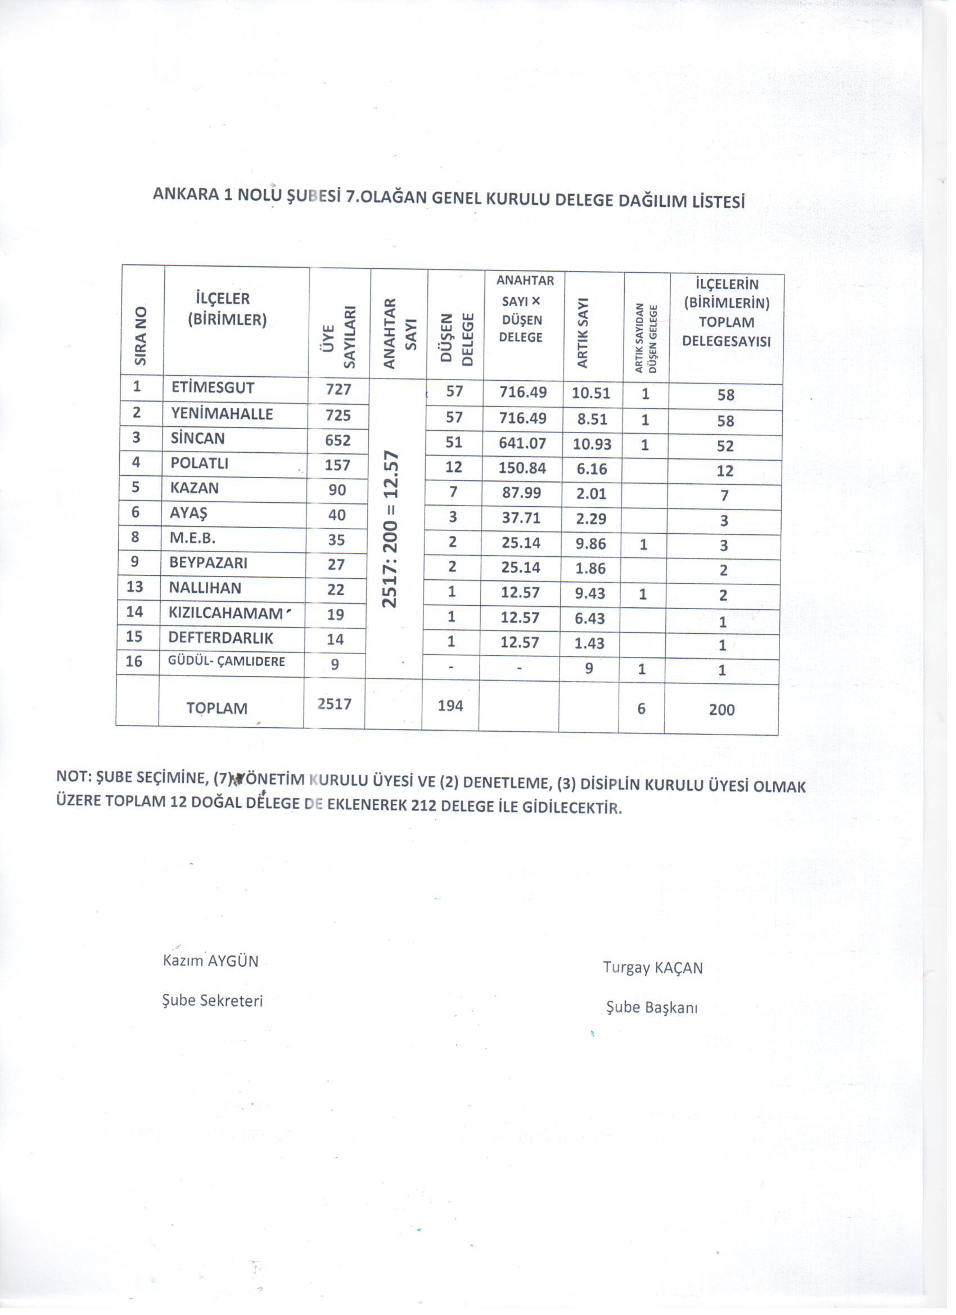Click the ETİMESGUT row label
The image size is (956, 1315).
tap(213, 388)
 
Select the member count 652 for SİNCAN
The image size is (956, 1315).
tap(338, 440)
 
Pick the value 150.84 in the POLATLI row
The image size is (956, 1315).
tap(522, 468)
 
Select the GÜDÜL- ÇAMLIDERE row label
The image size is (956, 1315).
tap(226, 661)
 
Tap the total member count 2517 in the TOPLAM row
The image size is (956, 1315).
tap(335, 703)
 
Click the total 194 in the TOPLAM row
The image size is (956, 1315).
tap(450, 705)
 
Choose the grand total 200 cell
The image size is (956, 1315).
tap(722, 710)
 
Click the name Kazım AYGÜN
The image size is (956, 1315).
tap(210, 961)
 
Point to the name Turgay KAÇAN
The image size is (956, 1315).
tap(653, 968)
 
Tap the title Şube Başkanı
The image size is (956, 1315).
tap(652, 1007)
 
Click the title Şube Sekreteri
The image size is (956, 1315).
tap(212, 1001)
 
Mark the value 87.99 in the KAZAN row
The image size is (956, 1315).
tap(521, 493)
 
